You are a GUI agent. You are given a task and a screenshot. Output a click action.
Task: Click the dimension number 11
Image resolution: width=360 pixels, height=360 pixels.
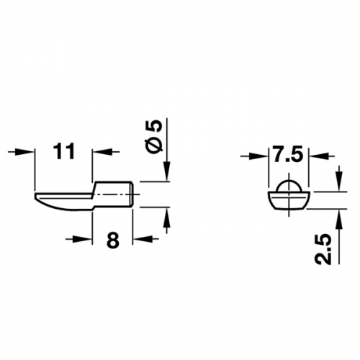pyautogui.click(x=63, y=151)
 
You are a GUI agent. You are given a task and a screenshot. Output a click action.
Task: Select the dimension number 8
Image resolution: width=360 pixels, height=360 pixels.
pyautogui.click(x=113, y=240)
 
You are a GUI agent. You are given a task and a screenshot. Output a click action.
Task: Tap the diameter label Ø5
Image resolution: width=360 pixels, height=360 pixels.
pyautogui.click(x=156, y=138)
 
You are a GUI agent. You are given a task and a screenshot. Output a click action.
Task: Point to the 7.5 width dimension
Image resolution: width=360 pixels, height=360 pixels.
pyautogui.click(x=288, y=156)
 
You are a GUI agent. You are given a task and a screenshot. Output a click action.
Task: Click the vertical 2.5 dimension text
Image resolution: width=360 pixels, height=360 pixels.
pyautogui.click(x=323, y=250)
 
